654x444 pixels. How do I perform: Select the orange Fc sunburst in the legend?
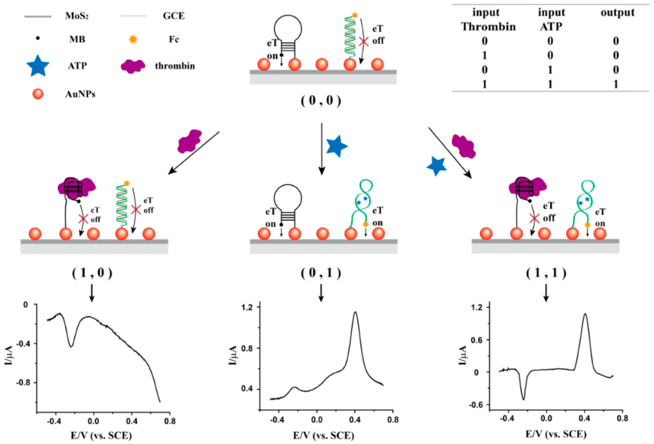133,39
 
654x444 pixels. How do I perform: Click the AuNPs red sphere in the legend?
38,94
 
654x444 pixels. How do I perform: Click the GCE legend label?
174,16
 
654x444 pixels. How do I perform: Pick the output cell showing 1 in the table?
616,84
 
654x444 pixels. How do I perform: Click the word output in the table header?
617,13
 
